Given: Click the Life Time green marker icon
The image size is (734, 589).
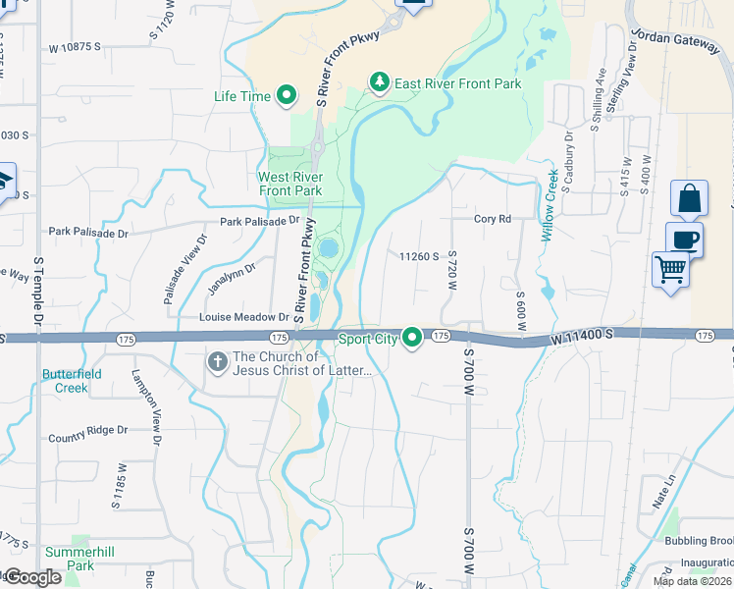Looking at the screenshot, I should [287, 96].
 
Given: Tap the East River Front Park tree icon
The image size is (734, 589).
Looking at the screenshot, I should [380, 82].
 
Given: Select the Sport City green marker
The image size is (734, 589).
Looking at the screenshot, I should [413, 338].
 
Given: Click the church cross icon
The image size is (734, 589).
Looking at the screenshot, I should [217, 362].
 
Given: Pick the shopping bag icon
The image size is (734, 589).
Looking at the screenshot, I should [689, 198].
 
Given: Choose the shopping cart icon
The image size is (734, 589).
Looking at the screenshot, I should [671, 268].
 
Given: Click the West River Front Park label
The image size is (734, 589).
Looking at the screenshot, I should [289, 184].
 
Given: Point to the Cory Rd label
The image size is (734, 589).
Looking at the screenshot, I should [493, 219].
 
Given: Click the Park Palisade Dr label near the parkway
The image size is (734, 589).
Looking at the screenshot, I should [259, 222].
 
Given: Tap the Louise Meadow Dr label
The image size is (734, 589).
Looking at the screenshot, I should [244, 317].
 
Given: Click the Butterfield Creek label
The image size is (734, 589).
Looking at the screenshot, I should [65, 381].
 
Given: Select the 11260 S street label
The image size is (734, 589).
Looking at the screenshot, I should [418, 256].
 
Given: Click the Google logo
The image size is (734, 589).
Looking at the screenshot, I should [32, 577].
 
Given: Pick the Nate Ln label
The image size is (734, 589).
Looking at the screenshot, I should [664, 498].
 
